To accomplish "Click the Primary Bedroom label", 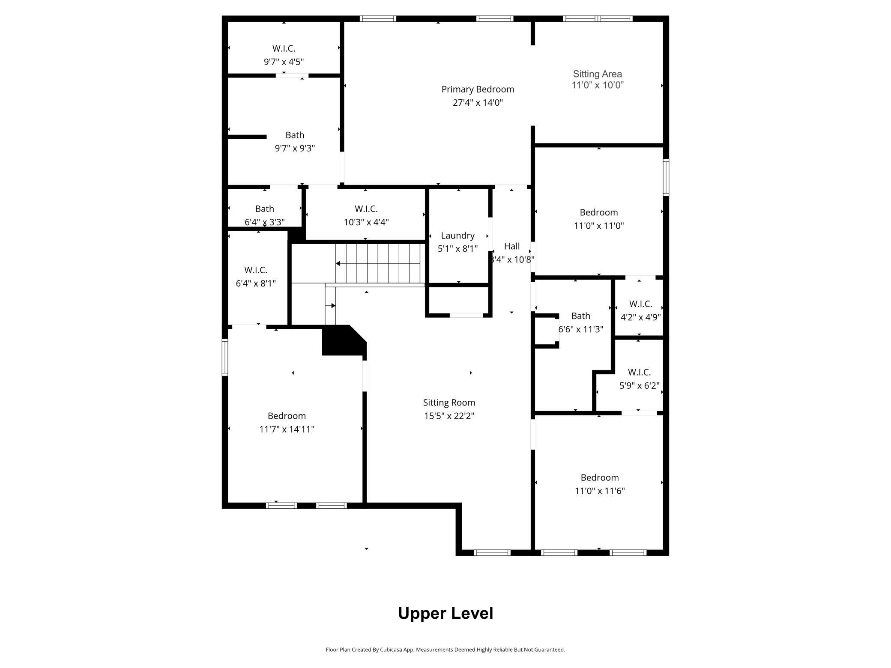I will point(478,89).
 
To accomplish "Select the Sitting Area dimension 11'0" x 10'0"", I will point(597,85).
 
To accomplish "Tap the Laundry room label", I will point(457,236).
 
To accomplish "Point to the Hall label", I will point(512,246).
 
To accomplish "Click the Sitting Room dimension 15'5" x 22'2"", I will point(449,416).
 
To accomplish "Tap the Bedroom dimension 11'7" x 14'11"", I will point(287,429).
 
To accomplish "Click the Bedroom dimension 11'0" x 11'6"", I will point(599,491).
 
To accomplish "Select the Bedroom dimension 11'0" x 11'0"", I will point(598,226).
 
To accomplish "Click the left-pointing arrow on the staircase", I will point(338,263).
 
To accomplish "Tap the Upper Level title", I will point(445,613).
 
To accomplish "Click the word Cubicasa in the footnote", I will point(391,650).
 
